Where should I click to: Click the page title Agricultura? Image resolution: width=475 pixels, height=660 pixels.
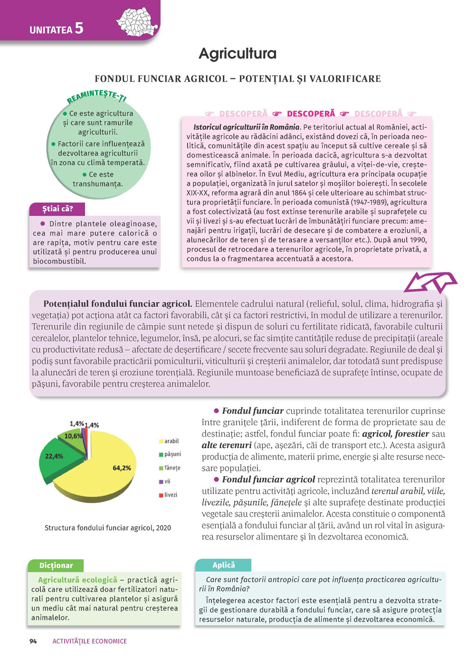coord(237,54)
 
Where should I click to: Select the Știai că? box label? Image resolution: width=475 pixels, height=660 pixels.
coord(57,209)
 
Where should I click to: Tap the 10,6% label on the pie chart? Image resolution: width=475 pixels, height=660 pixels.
coord(73,436)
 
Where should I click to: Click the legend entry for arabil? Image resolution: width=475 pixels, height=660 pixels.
coord(169,441)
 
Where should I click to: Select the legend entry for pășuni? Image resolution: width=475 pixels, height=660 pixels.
coord(170,454)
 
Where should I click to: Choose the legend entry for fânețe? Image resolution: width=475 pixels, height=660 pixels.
coord(170,468)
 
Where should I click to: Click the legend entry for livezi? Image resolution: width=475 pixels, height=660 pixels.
coord(168,495)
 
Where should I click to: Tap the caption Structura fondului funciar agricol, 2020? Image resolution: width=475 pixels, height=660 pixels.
coord(108,528)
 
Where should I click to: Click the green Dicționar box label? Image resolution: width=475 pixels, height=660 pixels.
coord(56,566)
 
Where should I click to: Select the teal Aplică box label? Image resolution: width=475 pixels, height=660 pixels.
coord(224,565)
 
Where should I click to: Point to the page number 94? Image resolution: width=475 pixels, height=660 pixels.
coord(33,641)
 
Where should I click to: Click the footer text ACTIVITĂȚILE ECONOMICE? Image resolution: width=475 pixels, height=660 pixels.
coord(90,641)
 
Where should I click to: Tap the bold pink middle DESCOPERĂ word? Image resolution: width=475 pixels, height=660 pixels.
coord(311,114)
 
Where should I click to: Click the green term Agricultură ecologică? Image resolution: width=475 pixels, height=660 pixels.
coord(77,580)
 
